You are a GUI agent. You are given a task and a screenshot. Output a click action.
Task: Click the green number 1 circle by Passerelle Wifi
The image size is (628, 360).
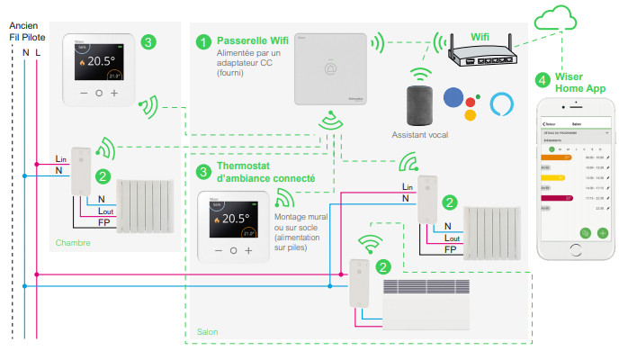203,42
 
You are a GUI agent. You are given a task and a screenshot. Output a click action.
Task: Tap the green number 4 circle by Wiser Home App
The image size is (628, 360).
542,80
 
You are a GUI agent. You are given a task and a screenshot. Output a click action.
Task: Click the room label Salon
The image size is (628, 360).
208,332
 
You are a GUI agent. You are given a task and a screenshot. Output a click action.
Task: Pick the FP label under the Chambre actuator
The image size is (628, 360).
104,221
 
